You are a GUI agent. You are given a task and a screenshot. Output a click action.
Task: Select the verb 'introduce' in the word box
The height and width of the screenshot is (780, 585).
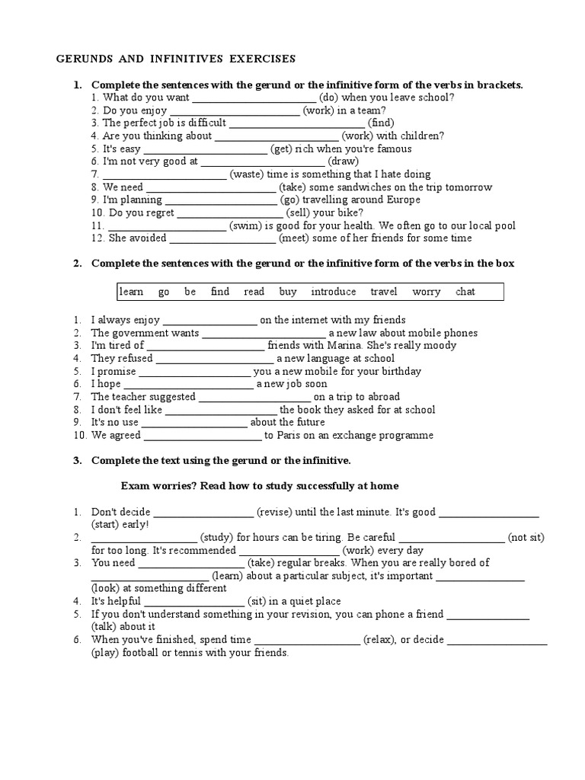[x=334, y=292]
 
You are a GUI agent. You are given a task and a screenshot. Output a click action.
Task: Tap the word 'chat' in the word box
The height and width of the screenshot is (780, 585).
[x=465, y=292]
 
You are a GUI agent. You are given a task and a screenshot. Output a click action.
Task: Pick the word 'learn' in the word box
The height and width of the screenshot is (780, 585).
[x=131, y=292]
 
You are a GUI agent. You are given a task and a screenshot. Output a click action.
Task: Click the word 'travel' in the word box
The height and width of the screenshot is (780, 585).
[x=384, y=292]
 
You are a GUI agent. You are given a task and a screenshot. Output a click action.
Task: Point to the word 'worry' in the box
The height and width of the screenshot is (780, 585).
[x=427, y=292]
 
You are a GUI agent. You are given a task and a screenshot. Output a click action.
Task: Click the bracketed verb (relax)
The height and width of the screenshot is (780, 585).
[x=378, y=640]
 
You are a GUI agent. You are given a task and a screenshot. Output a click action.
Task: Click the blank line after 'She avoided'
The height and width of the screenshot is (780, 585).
[x=222, y=239]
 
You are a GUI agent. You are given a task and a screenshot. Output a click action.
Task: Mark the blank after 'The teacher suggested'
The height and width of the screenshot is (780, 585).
[x=254, y=398]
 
